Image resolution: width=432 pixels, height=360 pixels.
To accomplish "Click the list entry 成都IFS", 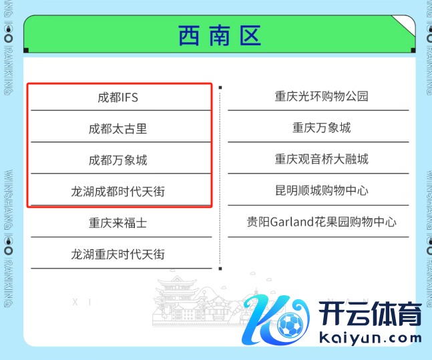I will coord(118,98).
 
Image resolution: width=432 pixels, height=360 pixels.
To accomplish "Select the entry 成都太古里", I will coord(118,129).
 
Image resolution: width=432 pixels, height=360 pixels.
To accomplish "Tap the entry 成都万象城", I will coord(118,160).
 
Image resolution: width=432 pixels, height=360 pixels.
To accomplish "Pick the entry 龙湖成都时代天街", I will coord(118,192).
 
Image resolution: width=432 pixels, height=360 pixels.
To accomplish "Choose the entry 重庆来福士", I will coord(118,223).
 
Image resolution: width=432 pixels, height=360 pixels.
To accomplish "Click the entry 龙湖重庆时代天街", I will coord(118,254).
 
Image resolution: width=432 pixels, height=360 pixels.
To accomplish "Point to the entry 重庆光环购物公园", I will coord(321,96).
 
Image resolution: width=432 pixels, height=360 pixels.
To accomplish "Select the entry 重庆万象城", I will coord(321,128).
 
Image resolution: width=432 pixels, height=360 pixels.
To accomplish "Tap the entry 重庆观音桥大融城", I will coord(321,159).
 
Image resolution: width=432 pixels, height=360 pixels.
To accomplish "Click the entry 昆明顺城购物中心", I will coord(321,190).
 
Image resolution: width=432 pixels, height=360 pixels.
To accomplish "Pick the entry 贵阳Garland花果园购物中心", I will coord(321,222).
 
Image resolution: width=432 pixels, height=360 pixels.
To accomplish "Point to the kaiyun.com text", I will coord(370,337).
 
